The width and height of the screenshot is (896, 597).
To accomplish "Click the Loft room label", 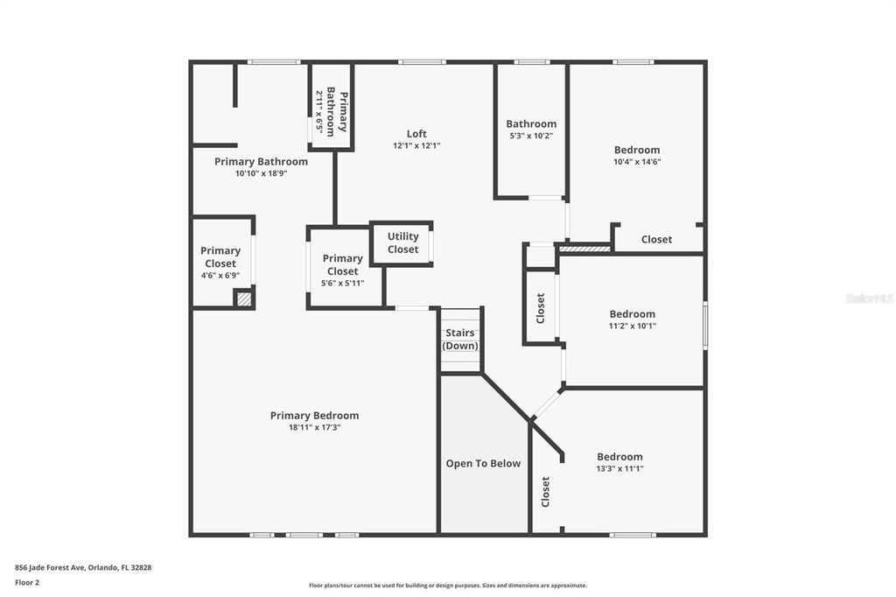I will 416,134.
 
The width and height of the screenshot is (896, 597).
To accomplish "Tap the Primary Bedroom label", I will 314,416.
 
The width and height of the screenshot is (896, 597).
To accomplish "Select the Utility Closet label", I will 402,242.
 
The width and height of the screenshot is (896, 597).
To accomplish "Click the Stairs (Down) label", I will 460,340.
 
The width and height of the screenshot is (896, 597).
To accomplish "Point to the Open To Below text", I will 483,464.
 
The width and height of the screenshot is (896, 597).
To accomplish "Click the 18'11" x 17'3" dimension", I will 314,427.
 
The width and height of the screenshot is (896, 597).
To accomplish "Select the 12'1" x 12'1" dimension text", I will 416,146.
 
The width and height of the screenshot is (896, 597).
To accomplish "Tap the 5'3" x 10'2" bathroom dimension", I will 531,136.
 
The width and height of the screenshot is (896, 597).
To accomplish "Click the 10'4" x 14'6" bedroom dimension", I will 637,161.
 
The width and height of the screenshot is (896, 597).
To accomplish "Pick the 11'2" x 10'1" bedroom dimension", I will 632,326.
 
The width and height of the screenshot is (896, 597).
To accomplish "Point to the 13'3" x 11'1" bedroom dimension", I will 619,468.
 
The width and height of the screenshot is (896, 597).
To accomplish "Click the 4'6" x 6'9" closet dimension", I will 220,275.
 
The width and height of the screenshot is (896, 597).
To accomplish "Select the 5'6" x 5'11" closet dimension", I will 342,283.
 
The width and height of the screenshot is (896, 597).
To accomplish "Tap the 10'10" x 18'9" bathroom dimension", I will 261,173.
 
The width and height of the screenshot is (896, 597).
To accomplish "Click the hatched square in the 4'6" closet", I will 244,298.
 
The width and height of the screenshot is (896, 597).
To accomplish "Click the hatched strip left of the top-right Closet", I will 584,249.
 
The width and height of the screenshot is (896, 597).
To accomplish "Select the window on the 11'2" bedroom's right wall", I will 705,326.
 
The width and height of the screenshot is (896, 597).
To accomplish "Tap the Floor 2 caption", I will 27,581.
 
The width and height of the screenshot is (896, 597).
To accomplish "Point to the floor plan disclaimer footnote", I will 447,586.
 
